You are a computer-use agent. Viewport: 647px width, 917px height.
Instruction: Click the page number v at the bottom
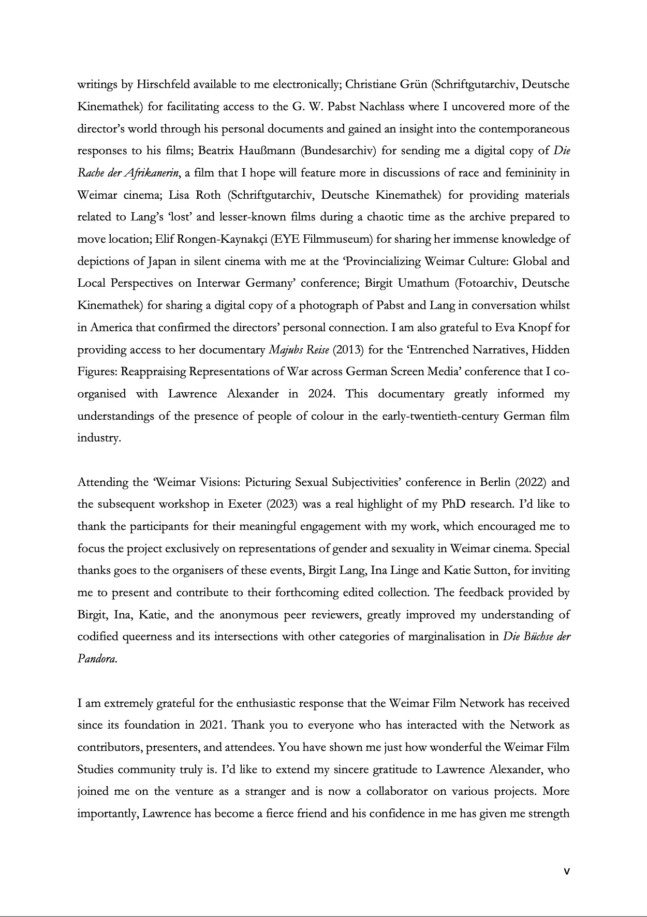pos(566,871)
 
